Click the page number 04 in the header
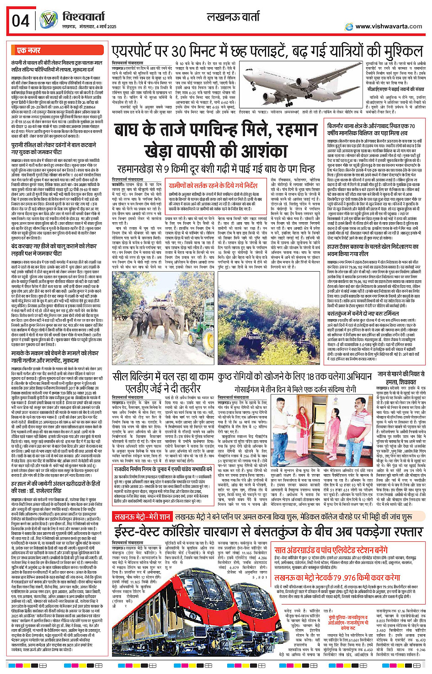tap(21, 21)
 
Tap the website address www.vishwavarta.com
tap(389, 27)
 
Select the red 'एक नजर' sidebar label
tap(29, 50)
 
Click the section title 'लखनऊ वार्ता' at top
tap(233, 18)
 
